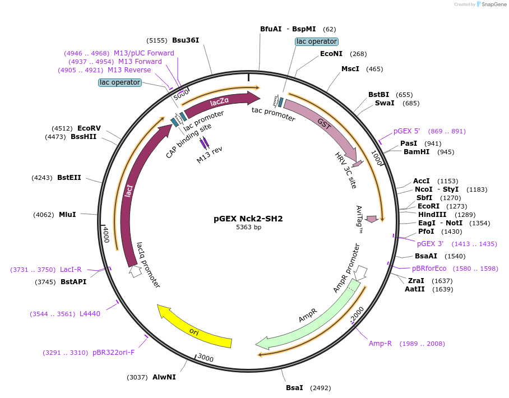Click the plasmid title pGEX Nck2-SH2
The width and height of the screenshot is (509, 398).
(248, 218)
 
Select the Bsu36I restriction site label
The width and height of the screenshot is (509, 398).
(186, 40)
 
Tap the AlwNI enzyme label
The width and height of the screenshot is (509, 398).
(164, 377)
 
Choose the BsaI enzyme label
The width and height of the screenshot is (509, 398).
(294, 387)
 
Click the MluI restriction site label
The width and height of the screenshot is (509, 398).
(67, 215)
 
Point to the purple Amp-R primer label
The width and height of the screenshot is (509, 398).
(380, 343)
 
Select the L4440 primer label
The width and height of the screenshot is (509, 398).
(90, 314)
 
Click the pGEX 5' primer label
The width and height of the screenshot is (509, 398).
(406, 131)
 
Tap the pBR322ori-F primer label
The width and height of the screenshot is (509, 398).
(113, 353)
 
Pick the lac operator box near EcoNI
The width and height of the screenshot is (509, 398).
(317, 41)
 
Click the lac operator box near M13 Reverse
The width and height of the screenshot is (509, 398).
(119, 82)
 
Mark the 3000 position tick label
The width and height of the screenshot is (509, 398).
(206, 358)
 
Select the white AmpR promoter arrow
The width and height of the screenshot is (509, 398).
(360, 272)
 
